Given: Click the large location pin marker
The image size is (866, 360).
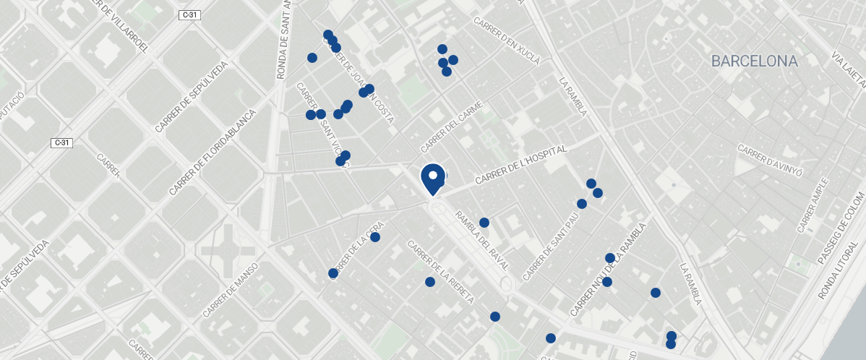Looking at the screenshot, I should click(432, 179).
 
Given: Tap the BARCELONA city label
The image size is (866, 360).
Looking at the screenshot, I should click(754, 61).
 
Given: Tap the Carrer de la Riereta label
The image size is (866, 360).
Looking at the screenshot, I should click(440, 272).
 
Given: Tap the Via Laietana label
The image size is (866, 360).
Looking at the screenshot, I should click(848, 67).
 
